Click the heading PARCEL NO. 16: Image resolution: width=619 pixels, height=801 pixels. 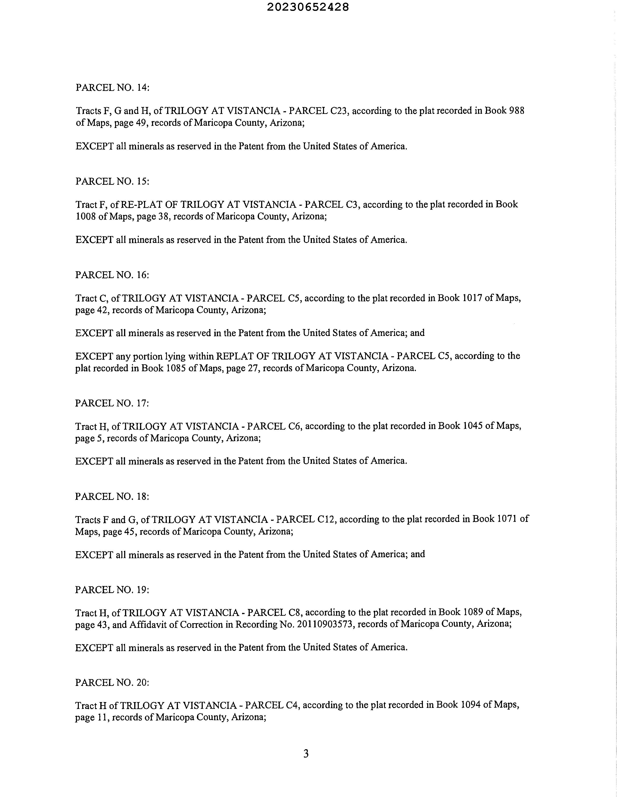click(x=112, y=275)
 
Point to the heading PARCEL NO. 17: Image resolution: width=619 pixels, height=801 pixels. click(x=112, y=403)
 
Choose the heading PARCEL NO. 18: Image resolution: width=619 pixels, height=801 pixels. click(x=112, y=496)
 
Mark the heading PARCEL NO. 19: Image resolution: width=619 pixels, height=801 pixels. click(x=112, y=590)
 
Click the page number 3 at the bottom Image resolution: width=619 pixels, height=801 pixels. click(x=306, y=754)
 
